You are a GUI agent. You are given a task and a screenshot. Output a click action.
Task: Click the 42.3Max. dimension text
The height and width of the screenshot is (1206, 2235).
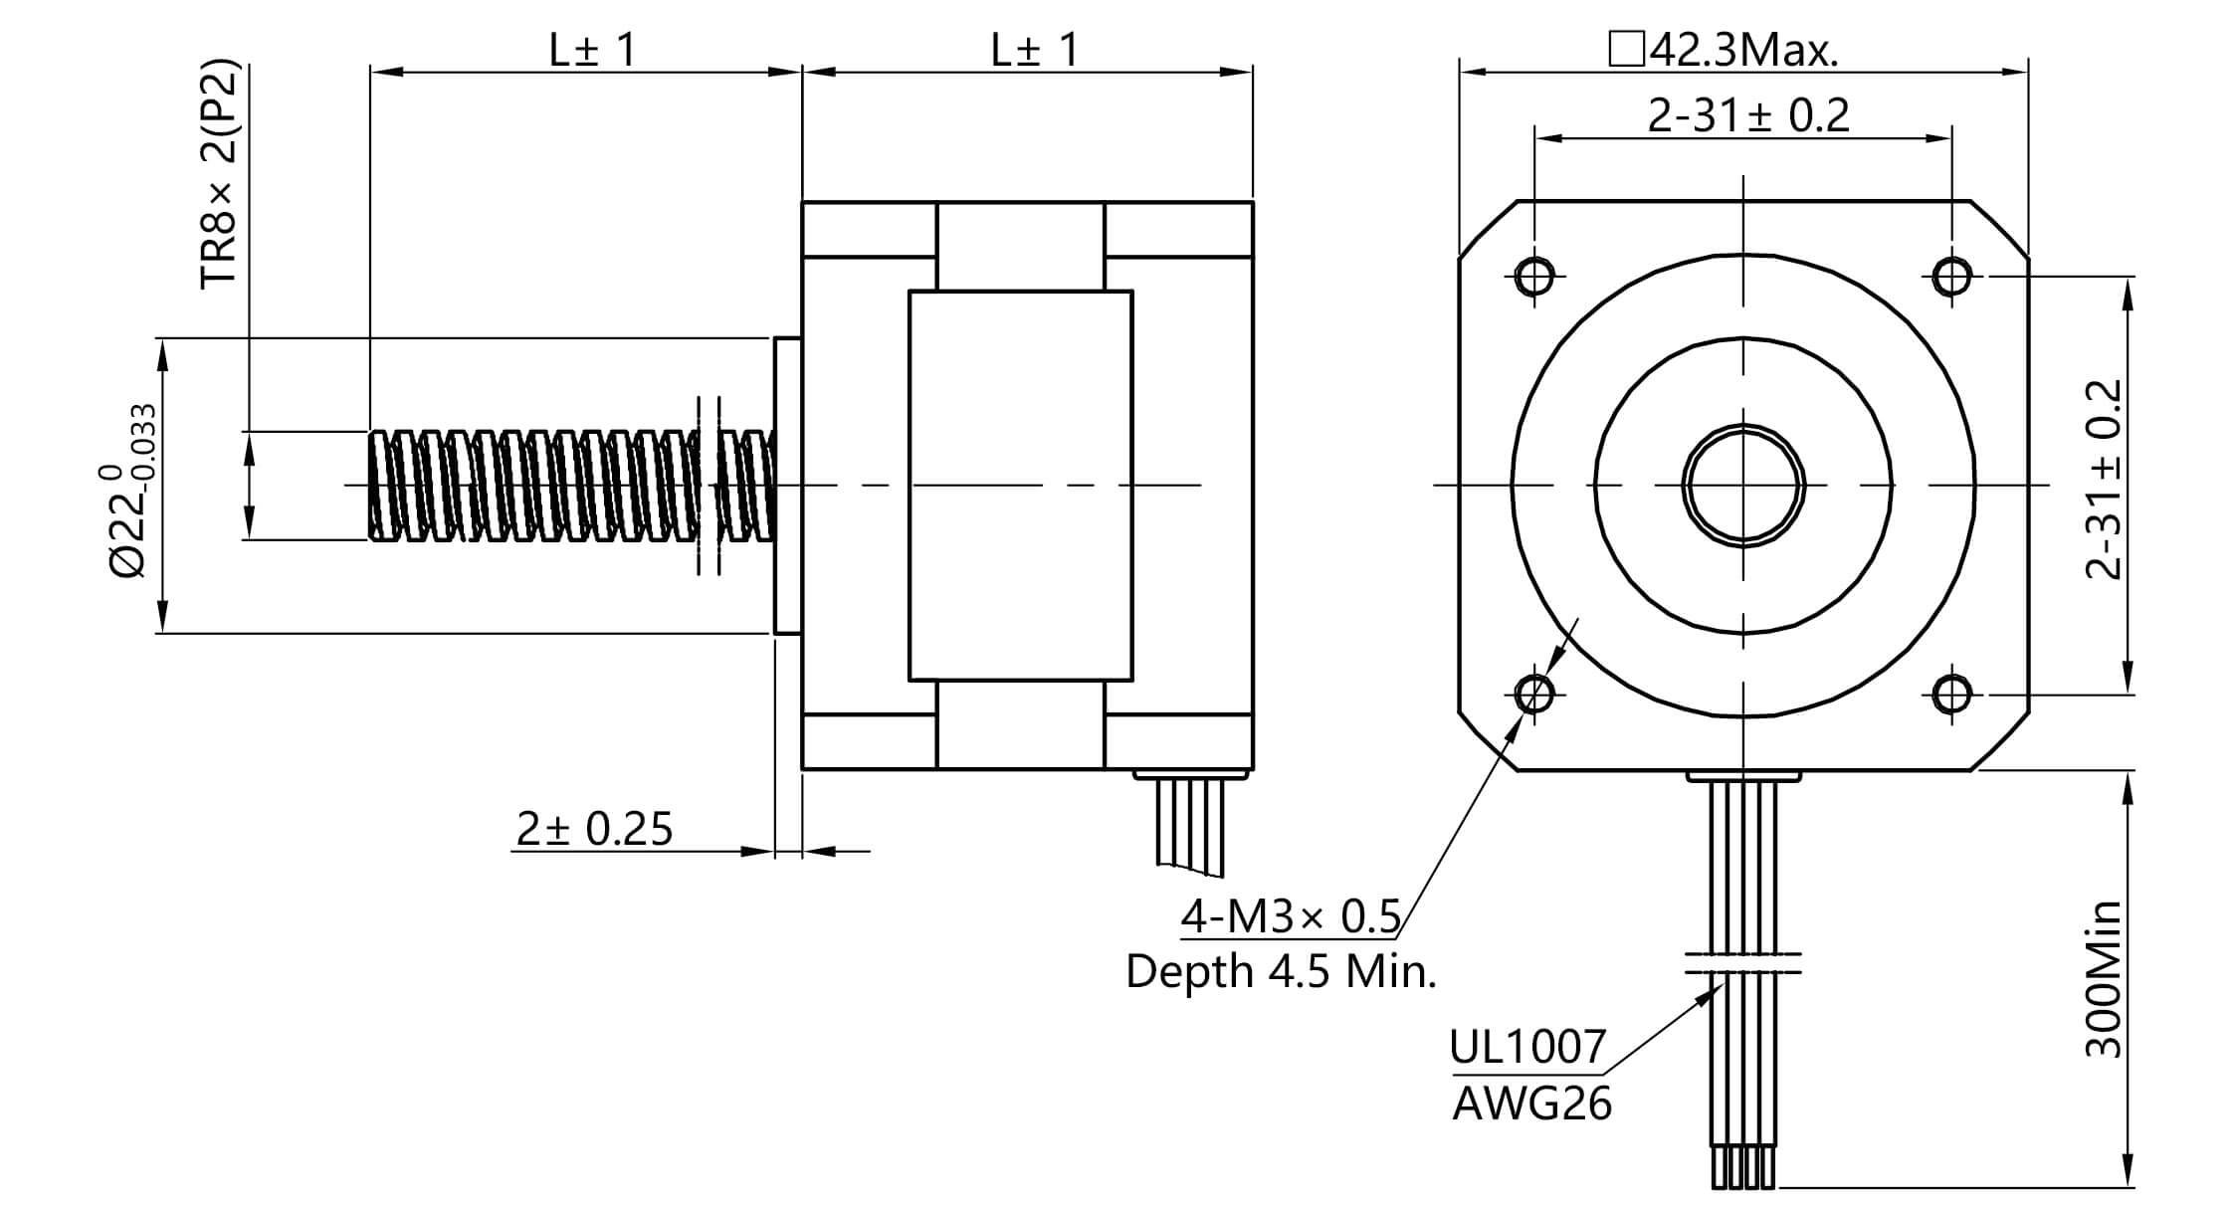point(1725,50)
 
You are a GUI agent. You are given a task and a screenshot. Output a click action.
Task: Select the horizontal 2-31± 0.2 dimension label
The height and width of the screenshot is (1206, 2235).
point(1748,116)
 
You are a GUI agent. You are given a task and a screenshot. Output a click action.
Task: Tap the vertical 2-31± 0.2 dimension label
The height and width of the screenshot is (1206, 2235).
point(2104,480)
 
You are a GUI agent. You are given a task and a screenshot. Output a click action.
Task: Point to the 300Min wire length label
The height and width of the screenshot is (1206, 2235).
point(2104,980)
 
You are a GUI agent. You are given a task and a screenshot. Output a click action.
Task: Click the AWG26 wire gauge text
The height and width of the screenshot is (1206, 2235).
point(1531,1104)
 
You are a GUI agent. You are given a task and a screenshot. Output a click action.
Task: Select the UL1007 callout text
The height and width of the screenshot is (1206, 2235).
point(1527,1047)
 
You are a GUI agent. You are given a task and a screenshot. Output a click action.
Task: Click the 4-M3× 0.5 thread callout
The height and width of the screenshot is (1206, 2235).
point(1291,916)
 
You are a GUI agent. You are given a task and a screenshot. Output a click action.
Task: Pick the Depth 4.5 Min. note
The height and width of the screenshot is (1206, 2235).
point(1281,971)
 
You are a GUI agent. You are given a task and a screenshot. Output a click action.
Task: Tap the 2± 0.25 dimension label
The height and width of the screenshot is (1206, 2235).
point(594,829)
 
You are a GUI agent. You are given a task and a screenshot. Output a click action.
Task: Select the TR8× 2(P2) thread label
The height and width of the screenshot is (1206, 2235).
point(220,176)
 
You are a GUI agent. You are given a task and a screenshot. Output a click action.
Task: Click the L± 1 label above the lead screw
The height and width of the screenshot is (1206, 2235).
point(592,50)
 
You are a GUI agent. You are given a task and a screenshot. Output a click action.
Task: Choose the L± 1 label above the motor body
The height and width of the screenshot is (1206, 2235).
point(1034,50)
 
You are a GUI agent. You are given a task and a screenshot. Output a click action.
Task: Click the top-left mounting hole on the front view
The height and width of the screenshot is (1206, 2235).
point(1534,276)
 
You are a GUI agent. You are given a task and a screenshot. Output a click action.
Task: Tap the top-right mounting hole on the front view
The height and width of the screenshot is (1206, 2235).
point(1951,276)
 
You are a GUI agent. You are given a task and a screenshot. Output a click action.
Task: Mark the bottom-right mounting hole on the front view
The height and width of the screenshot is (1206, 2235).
point(1951,694)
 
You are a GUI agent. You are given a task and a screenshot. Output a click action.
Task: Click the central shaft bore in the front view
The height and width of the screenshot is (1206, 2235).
point(1743,486)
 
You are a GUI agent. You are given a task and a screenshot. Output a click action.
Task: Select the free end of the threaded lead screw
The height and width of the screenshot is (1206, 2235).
point(378,486)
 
